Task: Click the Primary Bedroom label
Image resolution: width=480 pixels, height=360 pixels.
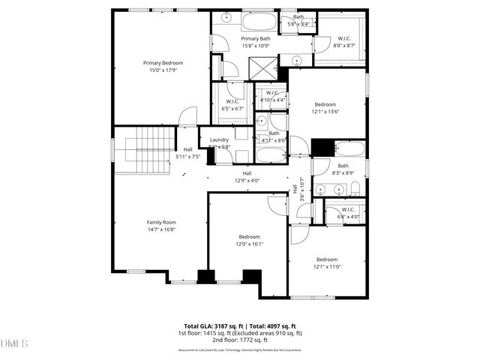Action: click(163, 63)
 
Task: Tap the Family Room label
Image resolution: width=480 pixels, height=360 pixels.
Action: click(160, 222)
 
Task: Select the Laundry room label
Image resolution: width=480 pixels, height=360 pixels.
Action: click(219, 139)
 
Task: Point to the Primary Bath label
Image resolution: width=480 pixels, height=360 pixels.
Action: click(256, 39)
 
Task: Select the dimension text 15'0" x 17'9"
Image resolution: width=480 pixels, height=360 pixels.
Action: click(163, 70)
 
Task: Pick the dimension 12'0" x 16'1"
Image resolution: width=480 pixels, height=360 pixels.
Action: click(250, 244)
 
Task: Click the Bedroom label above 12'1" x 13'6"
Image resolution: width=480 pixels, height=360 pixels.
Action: click(325, 104)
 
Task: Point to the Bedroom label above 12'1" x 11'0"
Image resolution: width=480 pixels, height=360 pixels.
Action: click(326, 259)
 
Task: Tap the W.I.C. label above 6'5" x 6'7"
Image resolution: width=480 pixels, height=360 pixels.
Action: click(232, 102)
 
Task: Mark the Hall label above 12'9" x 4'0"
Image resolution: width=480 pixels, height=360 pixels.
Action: click(246, 173)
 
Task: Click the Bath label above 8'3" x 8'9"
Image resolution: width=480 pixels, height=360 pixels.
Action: click(343, 166)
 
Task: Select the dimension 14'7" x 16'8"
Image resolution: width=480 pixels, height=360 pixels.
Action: click(160, 230)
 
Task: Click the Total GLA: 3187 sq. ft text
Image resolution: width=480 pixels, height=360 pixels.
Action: click(205, 325)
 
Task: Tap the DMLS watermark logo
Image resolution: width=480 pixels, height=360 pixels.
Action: click(15, 343)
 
